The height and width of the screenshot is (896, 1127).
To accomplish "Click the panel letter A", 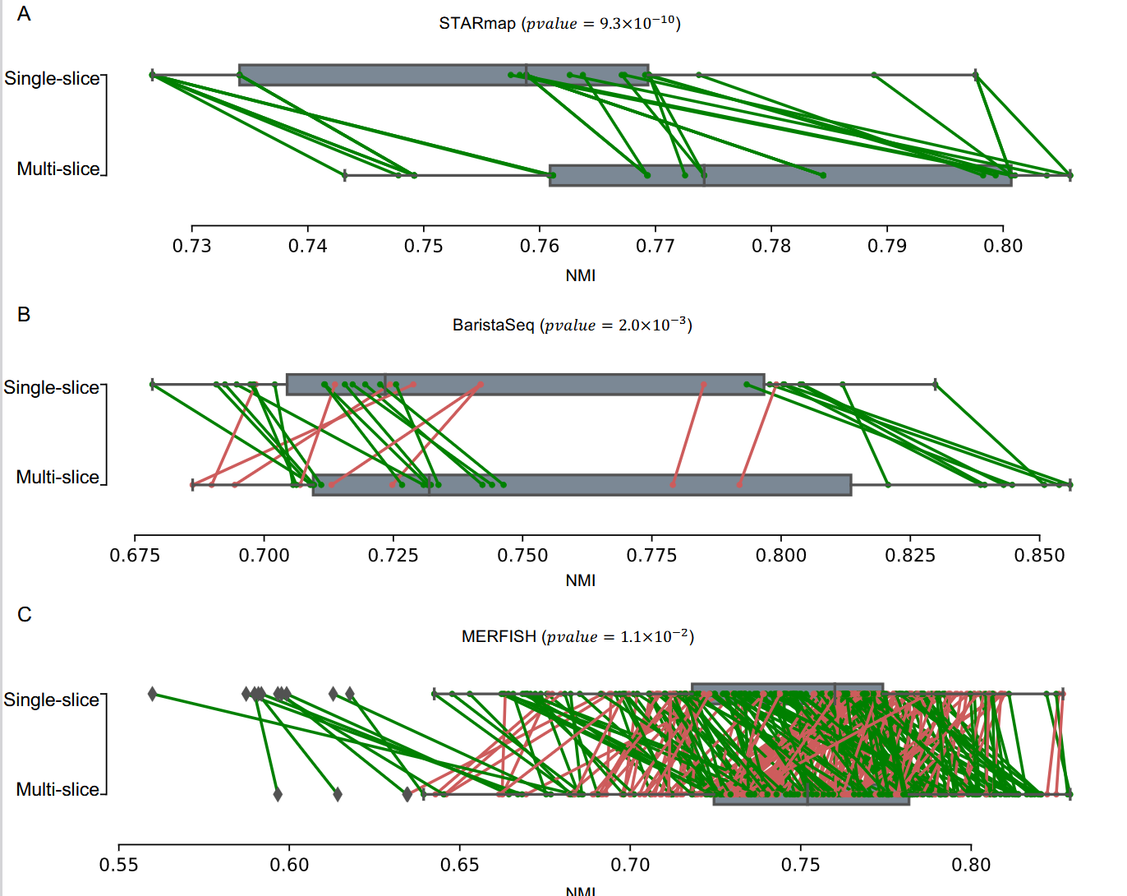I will [x=24, y=14].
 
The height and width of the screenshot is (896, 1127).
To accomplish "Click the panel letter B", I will [x=24, y=315].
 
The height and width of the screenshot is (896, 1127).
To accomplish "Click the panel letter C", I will [x=25, y=615].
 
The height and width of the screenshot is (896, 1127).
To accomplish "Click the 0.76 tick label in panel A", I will [x=540, y=246].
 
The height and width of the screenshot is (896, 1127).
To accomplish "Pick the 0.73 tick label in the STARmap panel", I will [x=191, y=246].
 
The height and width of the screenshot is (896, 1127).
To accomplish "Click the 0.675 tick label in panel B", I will [x=135, y=556].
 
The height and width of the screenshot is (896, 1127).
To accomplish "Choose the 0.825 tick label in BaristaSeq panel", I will [x=910, y=556].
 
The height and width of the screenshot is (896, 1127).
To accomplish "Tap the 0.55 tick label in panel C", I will [x=119, y=865].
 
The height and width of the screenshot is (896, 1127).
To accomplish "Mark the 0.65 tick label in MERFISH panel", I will [x=460, y=865].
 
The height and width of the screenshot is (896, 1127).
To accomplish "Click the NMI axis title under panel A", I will [x=580, y=276].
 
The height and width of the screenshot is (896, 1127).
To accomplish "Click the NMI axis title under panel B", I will [x=580, y=581].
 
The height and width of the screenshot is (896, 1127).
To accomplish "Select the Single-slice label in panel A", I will [x=52, y=78].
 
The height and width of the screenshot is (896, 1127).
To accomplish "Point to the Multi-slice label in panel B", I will [x=57, y=477].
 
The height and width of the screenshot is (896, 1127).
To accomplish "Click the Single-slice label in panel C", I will [x=51, y=700].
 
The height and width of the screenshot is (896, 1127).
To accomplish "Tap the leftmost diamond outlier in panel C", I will [x=152, y=694].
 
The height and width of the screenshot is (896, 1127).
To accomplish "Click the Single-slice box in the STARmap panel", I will [x=444, y=75].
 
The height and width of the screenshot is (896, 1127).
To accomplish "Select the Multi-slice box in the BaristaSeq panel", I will [x=582, y=485].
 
